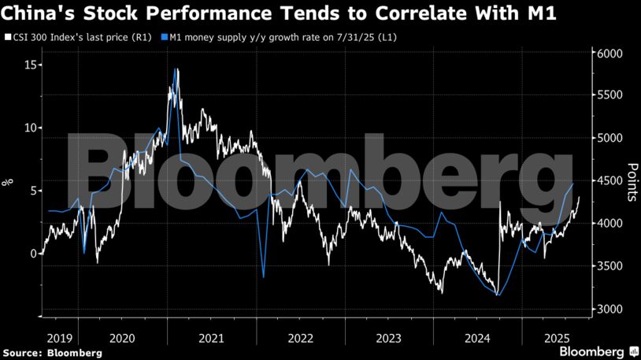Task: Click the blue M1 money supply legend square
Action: click(x=164, y=37)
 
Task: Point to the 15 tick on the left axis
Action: click(x=28, y=65)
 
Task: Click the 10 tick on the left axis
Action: click(x=28, y=128)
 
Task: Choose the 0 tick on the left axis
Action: click(x=31, y=254)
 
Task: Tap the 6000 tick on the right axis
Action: click(x=610, y=54)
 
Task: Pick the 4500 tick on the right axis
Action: click(x=610, y=181)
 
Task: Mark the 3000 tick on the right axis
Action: click(x=610, y=309)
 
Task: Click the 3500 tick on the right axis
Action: click(x=610, y=266)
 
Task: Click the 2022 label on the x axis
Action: click(x=301, y=336)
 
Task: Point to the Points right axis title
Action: click(x=632, y=182)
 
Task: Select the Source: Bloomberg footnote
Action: click(x=52, y=352)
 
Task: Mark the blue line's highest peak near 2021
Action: click(x=176, y=69)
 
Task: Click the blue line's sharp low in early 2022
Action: click(x=263, y=277)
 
